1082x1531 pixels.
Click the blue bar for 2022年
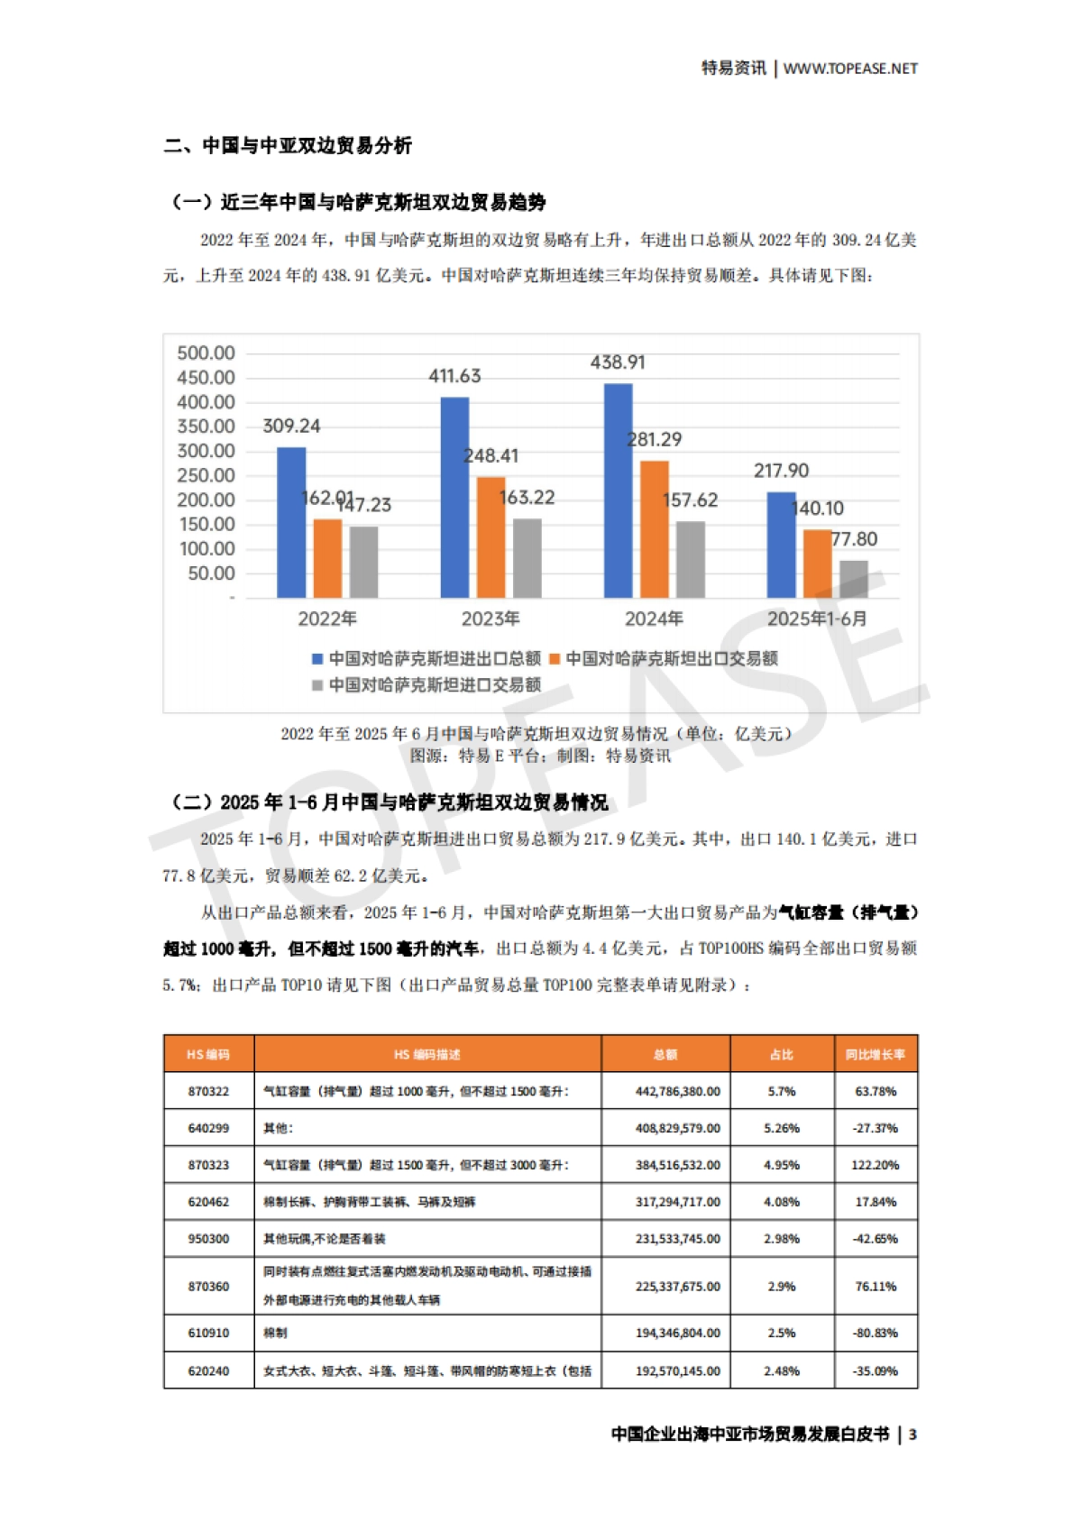[291, 523]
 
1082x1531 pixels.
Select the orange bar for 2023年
[491, 537]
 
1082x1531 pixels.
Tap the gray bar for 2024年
[690, 559]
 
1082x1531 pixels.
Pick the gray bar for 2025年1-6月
[853, 579]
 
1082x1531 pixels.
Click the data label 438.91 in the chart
[618, 362]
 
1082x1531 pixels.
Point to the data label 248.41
[492, 456]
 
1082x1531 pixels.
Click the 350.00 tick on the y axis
[206, 426]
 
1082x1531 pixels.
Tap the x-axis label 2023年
[491, 619]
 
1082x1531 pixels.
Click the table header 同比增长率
[875, 1054]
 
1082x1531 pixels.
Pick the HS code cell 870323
[208, 1165]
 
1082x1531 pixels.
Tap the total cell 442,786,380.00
[677, 1091]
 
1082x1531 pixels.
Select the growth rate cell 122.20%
[875, 1165]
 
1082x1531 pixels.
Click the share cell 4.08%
[781, 1202]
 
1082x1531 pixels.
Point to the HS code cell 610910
[208, 1333]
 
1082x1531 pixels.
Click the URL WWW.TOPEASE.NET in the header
[850, 69]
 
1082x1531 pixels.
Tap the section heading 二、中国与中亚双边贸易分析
[288, 146]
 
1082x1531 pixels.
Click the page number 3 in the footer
[912, 1435]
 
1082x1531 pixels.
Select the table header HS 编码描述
[427, 1054]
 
